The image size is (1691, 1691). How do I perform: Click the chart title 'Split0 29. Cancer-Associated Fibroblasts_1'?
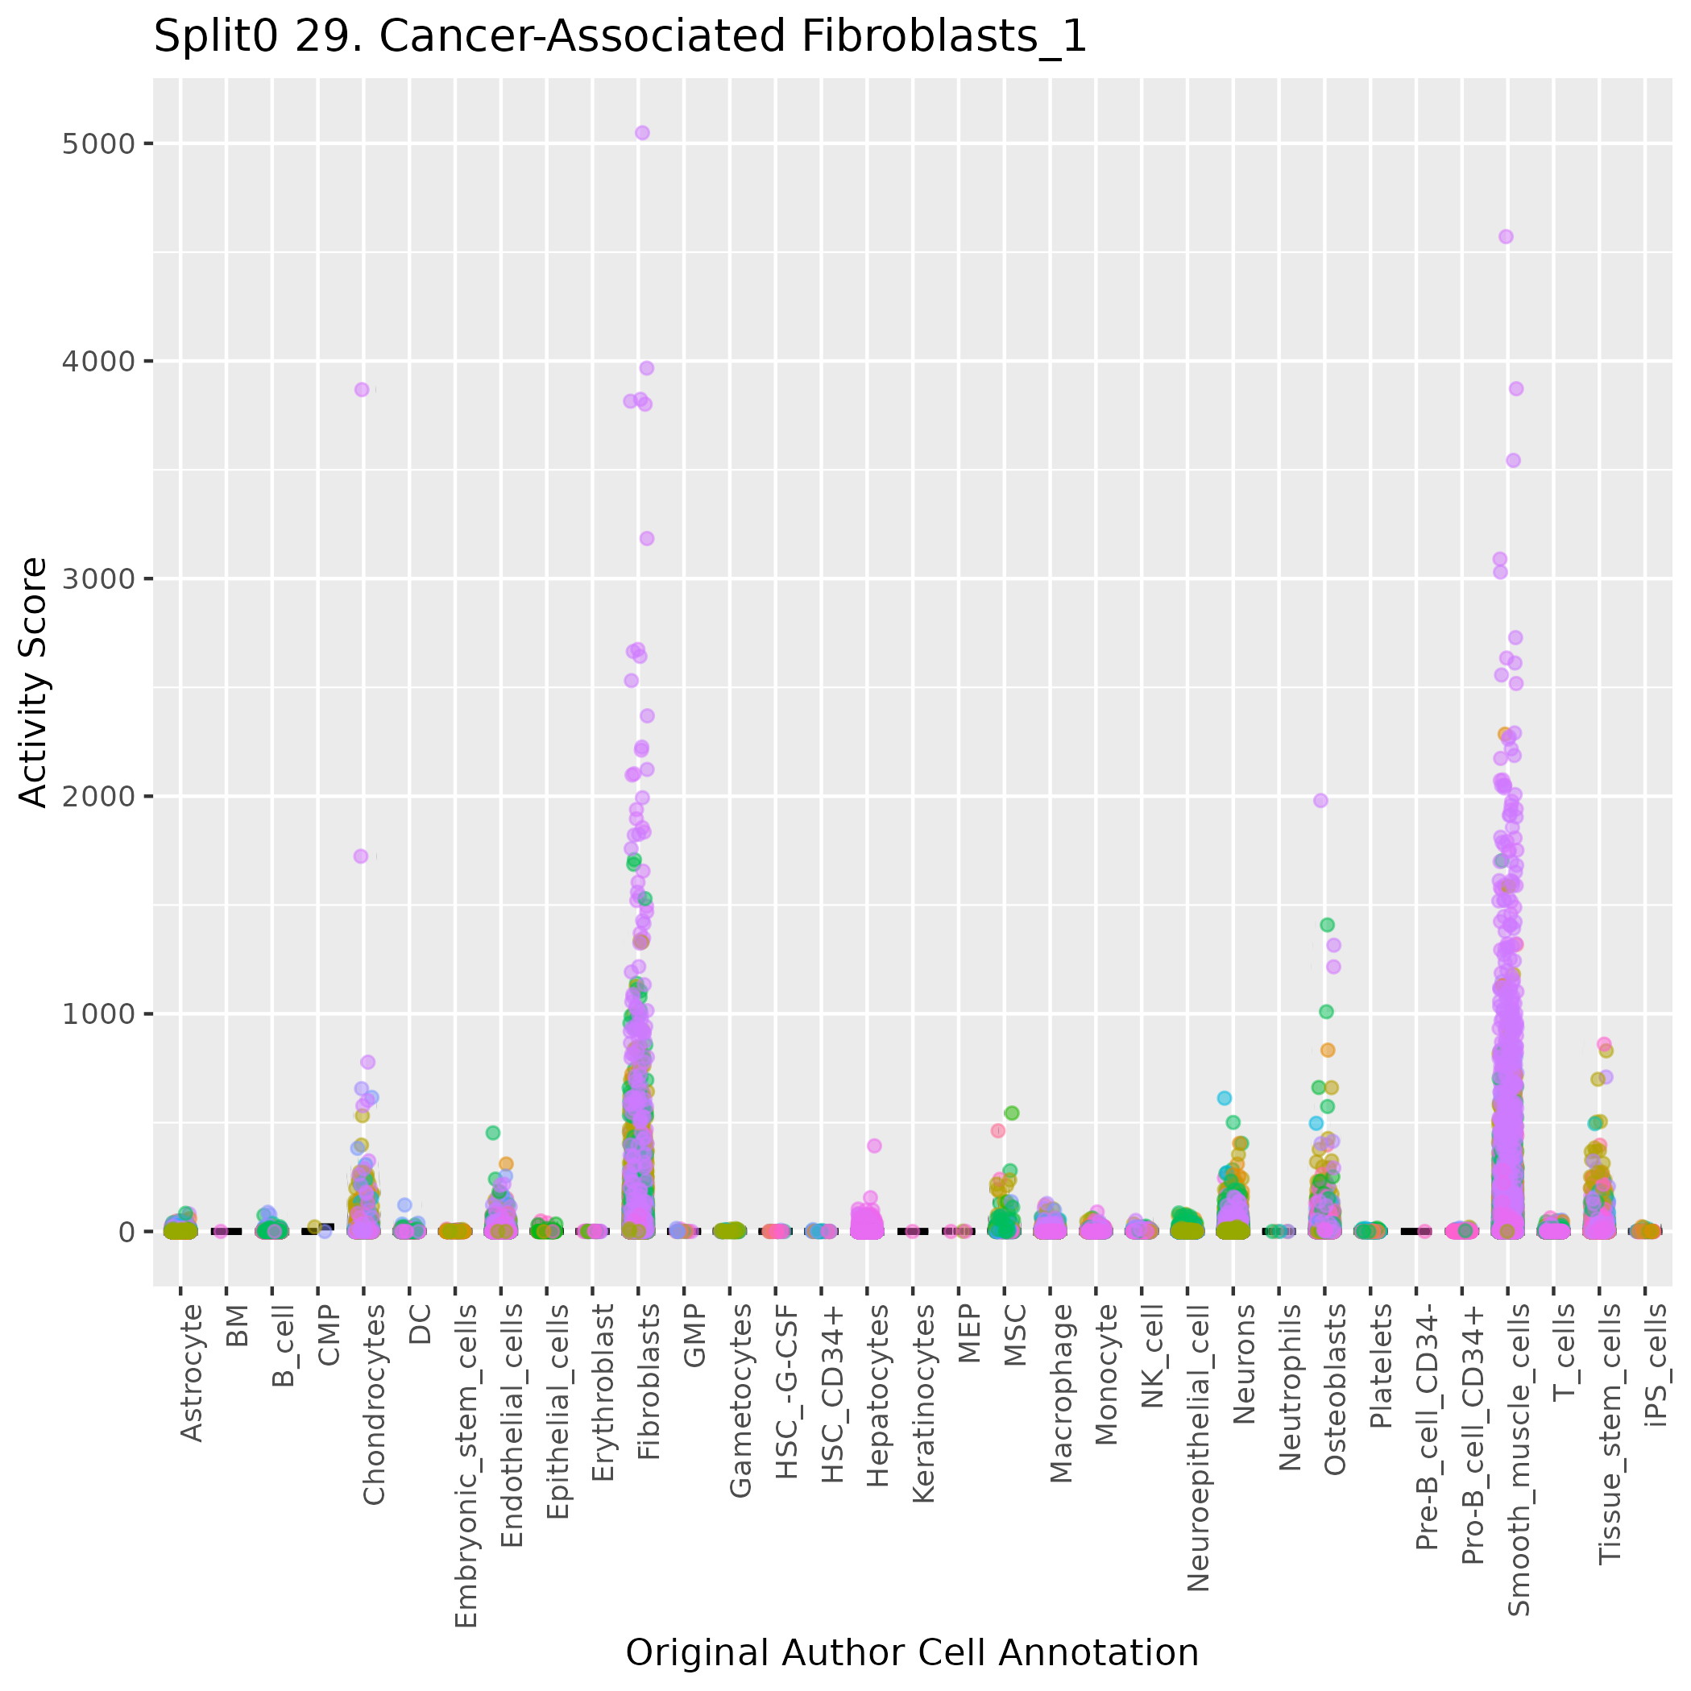tap(620, 38)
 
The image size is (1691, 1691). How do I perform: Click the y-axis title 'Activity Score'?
tap(34, 682)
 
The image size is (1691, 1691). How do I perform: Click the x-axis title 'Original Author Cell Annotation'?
tap(911, 1652)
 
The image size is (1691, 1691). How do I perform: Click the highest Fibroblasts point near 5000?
tap(641, 133)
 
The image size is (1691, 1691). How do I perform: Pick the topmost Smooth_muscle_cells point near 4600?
tap(1506, 236)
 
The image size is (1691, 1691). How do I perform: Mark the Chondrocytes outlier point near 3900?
tap(362, 389)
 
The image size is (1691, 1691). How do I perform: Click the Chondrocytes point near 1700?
tap(361, 856)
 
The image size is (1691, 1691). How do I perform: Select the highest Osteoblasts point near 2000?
tap(1320, 800)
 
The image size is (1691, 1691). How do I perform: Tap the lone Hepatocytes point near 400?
tap(873, 1146)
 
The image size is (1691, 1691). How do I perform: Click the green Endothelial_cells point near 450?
tap(493, 1133)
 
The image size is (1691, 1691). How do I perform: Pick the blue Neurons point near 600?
tap(1225, 1097)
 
